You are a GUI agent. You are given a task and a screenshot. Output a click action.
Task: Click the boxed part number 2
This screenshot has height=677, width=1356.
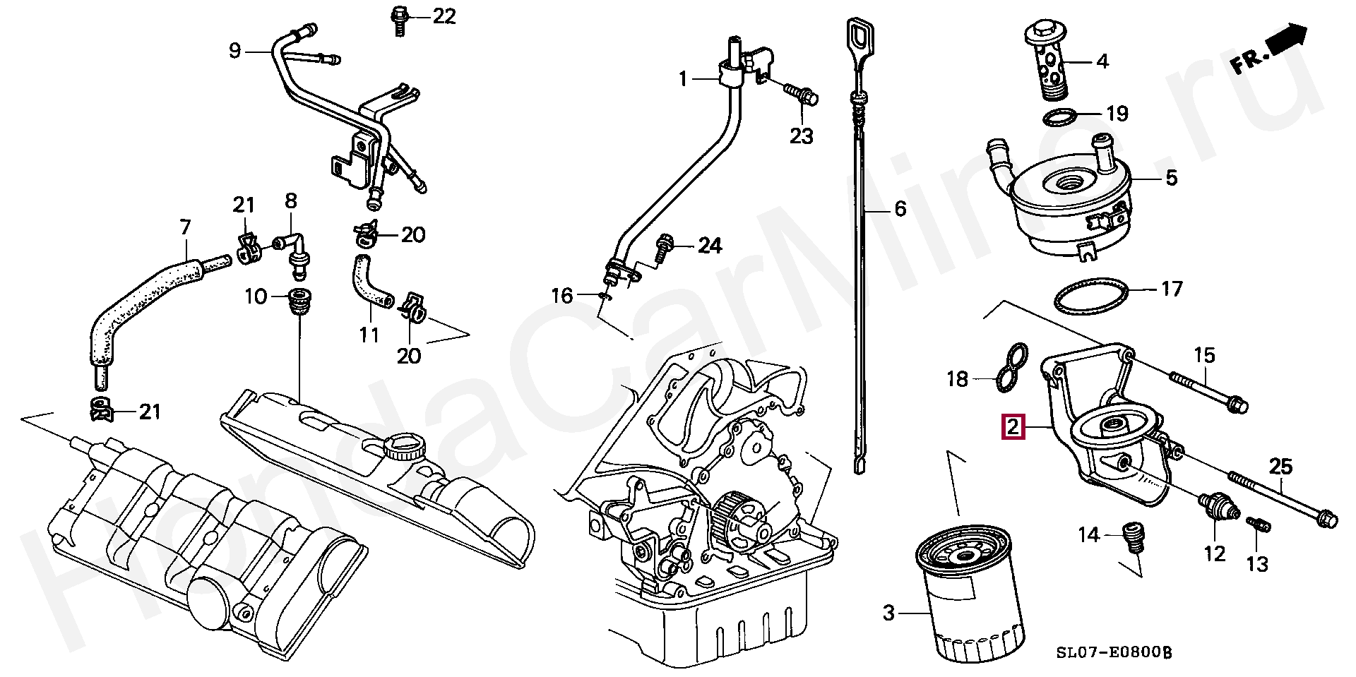1013,427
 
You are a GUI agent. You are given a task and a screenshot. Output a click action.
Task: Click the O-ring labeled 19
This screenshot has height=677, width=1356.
1059,116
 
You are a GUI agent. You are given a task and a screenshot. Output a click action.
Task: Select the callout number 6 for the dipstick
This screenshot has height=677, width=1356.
900,209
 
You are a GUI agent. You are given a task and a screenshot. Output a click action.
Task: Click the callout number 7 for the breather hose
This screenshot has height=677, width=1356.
185,227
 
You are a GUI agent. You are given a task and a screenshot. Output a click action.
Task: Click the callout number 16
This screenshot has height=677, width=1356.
561,296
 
